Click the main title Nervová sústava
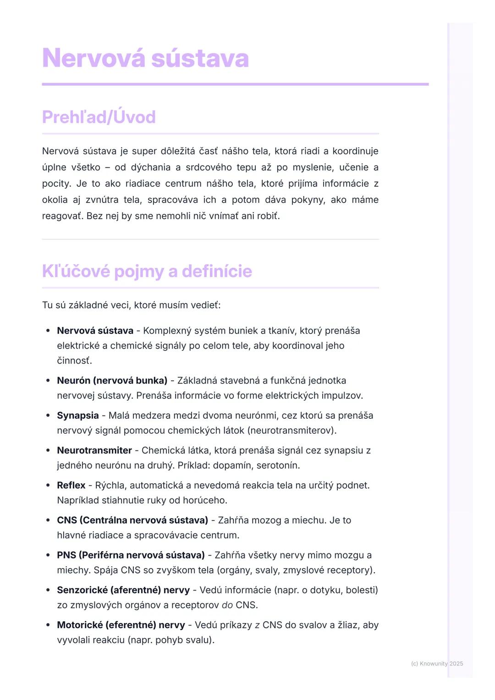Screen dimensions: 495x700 click(x=145, y=58)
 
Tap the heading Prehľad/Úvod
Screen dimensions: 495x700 click(x=99, y=117)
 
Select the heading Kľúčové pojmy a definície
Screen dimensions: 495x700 click(x=147, y=271)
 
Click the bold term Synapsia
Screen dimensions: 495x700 click(x=77, y=416)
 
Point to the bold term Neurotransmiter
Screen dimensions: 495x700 click(x=94, y=450)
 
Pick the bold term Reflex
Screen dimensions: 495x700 click(x=71, y=485)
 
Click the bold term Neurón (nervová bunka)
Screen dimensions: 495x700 click(x=112, y=381)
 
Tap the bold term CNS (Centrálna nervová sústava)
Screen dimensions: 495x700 click(x=132, y=520)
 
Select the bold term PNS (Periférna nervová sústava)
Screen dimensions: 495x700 click(x=131, y=555)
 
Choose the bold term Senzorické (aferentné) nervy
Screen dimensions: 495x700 click(x=123, y=590)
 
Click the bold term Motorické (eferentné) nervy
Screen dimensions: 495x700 click(x=121, y=625)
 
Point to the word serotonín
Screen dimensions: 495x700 click(x=278, y=465)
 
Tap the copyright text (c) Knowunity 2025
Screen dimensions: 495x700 click(x=437, y=663)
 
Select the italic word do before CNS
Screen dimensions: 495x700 click(x=227, y=605)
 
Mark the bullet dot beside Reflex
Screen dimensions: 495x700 click(x=48, y=485)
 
